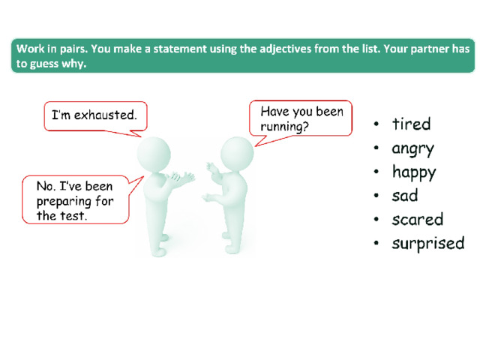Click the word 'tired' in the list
(x=412, y=124)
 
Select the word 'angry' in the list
(x=413, y=149)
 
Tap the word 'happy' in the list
(x=414, y=172)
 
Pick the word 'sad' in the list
(x=405, y=195)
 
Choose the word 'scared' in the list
(x=418, y=219)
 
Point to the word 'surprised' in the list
(x=428, y=244)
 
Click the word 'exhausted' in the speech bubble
(x=105, y=115)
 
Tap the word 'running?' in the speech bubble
(x=284, y=126)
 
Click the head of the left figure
(x=154, y=154)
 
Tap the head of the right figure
(x=237, y=153)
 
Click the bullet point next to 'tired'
(x=376, y=124)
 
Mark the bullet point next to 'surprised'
(x=376, y=243)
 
